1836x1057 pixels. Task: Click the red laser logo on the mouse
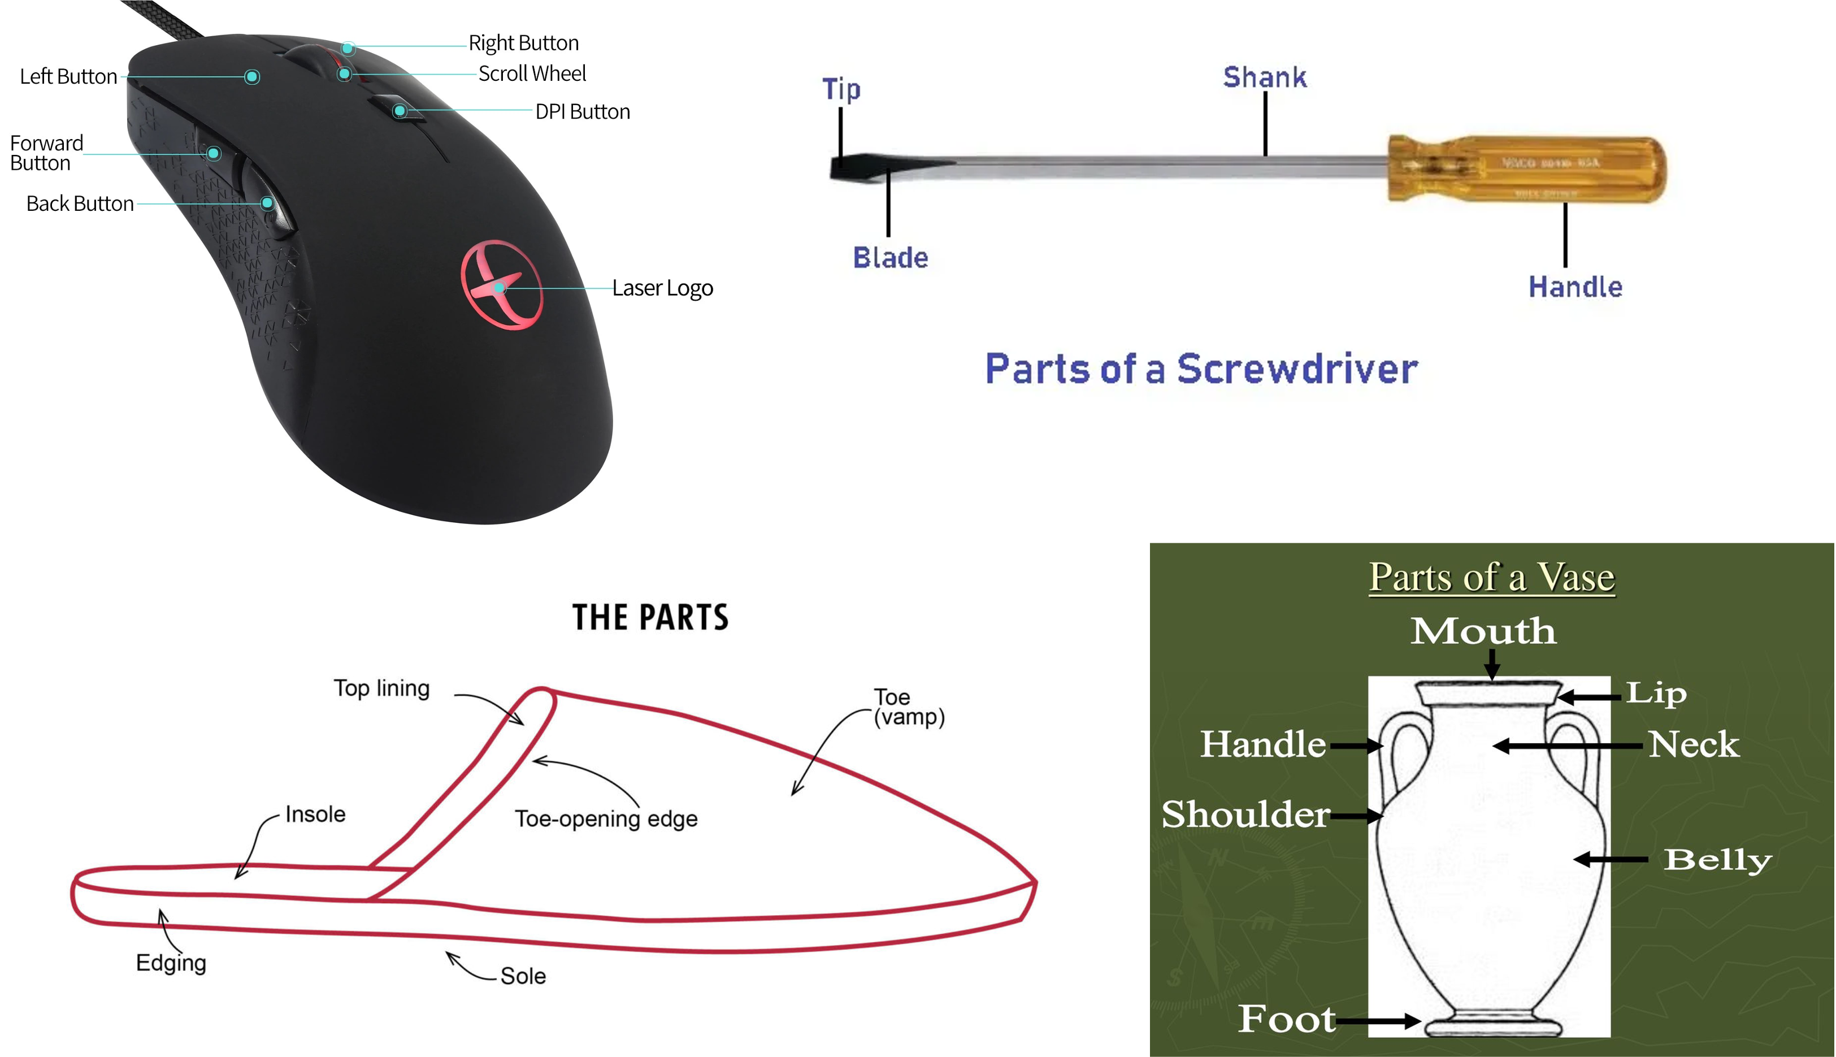[x=501, y=284]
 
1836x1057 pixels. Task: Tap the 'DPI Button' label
[x=582, y=112]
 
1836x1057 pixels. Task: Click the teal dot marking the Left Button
[x=252, y=77]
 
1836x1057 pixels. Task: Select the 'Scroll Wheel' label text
[x=532, y=73]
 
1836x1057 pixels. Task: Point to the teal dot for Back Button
[x=268, y=202]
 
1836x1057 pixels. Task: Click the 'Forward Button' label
[x=46, y=153]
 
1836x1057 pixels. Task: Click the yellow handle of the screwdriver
[x=1527, y=168]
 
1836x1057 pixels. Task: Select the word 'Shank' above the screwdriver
[x=1264, y=77]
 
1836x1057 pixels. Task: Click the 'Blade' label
[x=889, y=258]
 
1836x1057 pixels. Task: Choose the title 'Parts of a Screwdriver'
[x=1201, y=369]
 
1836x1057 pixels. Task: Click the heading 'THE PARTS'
[x=650, y=618]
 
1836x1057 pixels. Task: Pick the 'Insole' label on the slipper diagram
[x=315, y=815]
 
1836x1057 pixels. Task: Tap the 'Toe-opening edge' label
[x=606, y=819]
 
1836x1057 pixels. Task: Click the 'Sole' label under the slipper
[x=523, y=976]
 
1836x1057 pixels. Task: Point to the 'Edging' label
[x=171, y=963]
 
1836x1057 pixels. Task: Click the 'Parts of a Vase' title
[x=1491, y=578]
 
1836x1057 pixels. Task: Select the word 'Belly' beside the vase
[x=1717, y=860]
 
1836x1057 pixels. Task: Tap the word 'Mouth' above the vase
[x=1483, y=631]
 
